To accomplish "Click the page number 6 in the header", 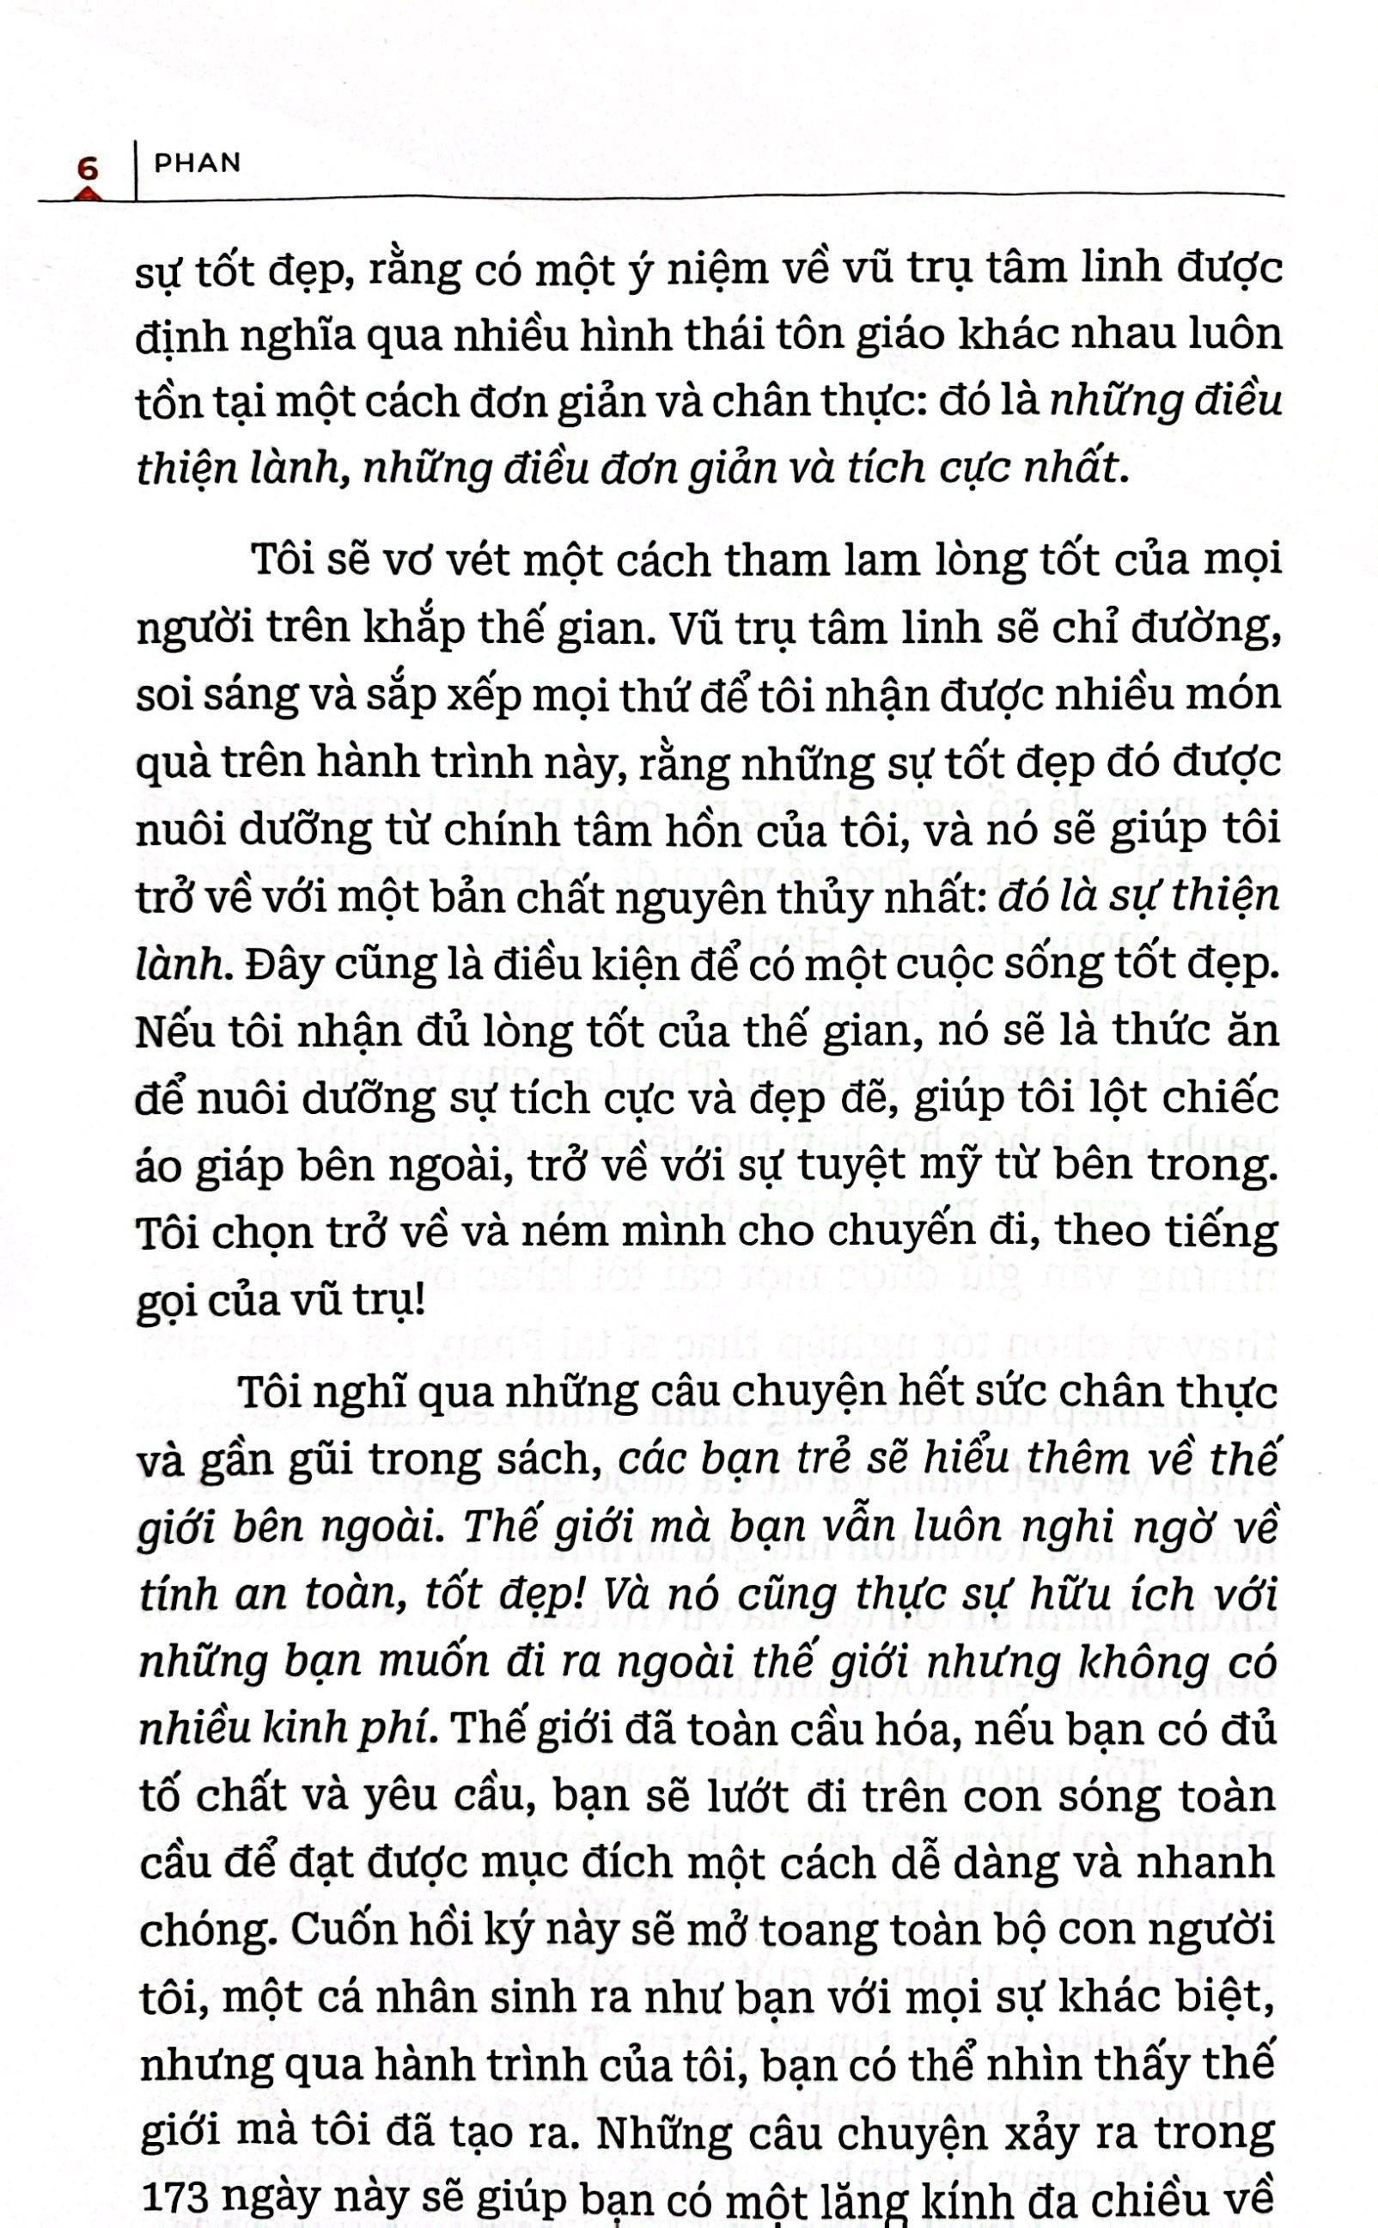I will coord(88,168).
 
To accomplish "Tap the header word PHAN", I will coord(198,163).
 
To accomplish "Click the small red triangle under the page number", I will coord(88,193).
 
